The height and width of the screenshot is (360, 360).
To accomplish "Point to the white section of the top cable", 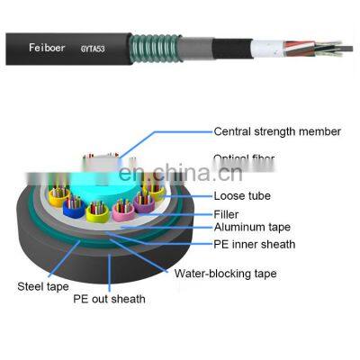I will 267,45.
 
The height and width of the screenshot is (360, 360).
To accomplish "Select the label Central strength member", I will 276,131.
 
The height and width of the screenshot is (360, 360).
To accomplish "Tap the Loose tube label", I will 242,194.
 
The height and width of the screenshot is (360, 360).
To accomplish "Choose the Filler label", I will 227,214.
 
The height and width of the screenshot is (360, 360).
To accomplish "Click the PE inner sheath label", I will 254,244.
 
